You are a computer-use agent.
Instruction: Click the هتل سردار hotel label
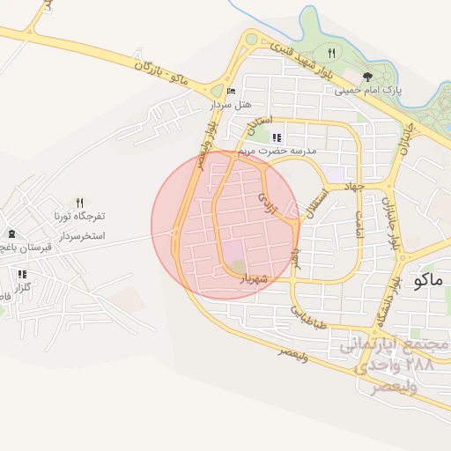click(225, 104)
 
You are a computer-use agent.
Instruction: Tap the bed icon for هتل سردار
click(231, 91)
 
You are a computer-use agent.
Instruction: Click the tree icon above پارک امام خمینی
click(367, 77)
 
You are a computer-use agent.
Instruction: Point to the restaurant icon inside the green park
click(331, 52)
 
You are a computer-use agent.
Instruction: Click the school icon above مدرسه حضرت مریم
click(277, 137)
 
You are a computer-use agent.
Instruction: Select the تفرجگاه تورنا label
click(78, 215)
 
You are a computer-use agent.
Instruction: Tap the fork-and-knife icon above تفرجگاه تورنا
click(80, 202)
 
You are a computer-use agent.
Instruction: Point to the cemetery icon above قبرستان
click(11, 234)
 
